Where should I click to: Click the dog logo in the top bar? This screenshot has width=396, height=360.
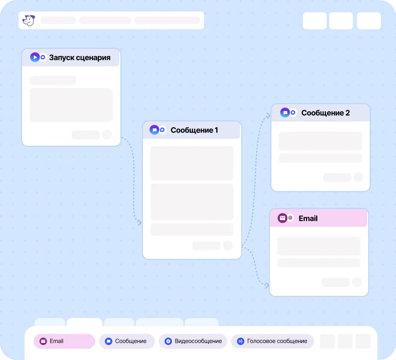[28, 20]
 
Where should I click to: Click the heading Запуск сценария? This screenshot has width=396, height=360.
[80, 58]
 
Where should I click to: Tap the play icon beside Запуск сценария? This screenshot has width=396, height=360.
[35, 57]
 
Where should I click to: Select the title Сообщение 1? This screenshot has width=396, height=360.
[194, 130]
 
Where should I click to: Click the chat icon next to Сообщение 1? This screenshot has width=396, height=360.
[154, 130]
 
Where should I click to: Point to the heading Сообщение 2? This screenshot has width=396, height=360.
[325, 113]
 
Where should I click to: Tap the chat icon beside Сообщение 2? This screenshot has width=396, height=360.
[285, 113]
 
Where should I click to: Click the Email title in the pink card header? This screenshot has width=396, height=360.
[308, 219]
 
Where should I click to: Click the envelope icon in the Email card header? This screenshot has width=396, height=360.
[282, 218]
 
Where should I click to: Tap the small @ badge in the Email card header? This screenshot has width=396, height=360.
[290, 218]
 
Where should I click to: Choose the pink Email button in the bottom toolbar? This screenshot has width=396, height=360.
[64, 341]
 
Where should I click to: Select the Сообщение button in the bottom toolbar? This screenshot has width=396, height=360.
[127, 341]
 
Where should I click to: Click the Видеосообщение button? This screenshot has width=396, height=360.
[193, 341]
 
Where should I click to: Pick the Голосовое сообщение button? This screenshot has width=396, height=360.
[272, 341]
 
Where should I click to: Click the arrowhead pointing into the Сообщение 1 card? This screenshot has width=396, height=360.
[139, 222]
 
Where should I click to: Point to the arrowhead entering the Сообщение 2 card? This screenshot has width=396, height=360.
[268, 116]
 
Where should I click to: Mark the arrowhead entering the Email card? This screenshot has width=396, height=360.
[267, 285]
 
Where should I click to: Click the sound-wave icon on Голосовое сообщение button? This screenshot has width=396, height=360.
[240, 341]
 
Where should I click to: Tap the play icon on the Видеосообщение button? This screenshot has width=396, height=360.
[168, 341]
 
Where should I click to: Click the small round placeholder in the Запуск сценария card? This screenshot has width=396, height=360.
[107, 135]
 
